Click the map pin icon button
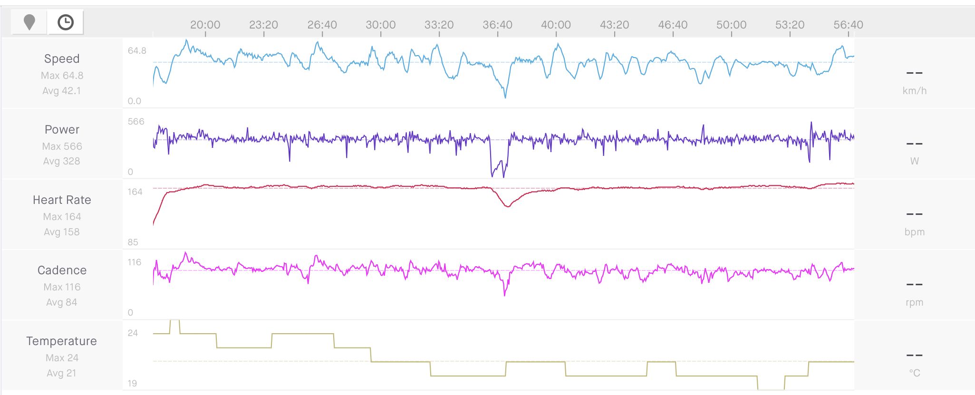[29, 22]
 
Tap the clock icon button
[66, 22]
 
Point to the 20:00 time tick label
[205, 25]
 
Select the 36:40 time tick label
[497, 25]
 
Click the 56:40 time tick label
[848, 25]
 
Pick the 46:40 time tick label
[673, 25]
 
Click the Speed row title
[62, 59]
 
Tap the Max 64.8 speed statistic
[62, 76]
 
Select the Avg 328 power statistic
[62, 161]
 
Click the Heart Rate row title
[62, 200]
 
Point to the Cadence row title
[62, 270]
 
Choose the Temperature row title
[62, 341]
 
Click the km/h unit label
[915, 91]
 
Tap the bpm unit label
[915, 232]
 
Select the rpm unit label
[915, 302]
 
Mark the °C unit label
[915, 373]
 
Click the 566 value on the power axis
[136, 122]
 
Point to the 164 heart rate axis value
[135, 192]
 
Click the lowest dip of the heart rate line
[508, 206]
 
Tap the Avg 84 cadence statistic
[62, 302]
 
